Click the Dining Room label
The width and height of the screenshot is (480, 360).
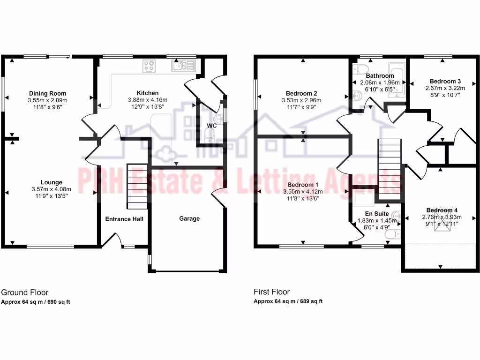point(48,93)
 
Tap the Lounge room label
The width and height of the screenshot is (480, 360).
point(52,182)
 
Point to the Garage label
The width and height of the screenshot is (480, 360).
point(189,218)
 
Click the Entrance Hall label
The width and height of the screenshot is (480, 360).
point(124,219)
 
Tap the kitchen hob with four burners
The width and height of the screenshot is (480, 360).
point(150,67)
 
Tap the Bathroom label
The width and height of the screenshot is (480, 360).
point(380,75)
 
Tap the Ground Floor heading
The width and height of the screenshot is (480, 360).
point(25,292)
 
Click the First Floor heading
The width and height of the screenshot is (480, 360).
point(272,292)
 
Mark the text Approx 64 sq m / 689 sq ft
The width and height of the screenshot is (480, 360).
point(288,301)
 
